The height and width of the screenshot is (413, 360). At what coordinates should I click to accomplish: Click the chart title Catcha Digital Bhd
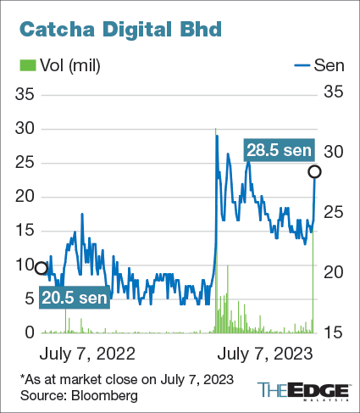119,29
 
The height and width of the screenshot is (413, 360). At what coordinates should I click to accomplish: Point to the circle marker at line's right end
315,172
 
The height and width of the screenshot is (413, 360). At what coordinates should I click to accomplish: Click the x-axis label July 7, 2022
87,351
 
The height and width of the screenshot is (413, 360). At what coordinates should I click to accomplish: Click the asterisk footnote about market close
125,378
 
